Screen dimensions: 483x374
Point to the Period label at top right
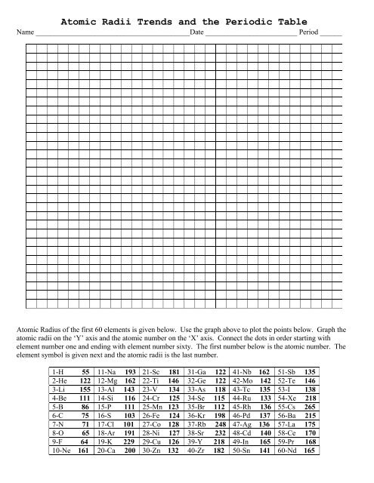coord(309,34)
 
